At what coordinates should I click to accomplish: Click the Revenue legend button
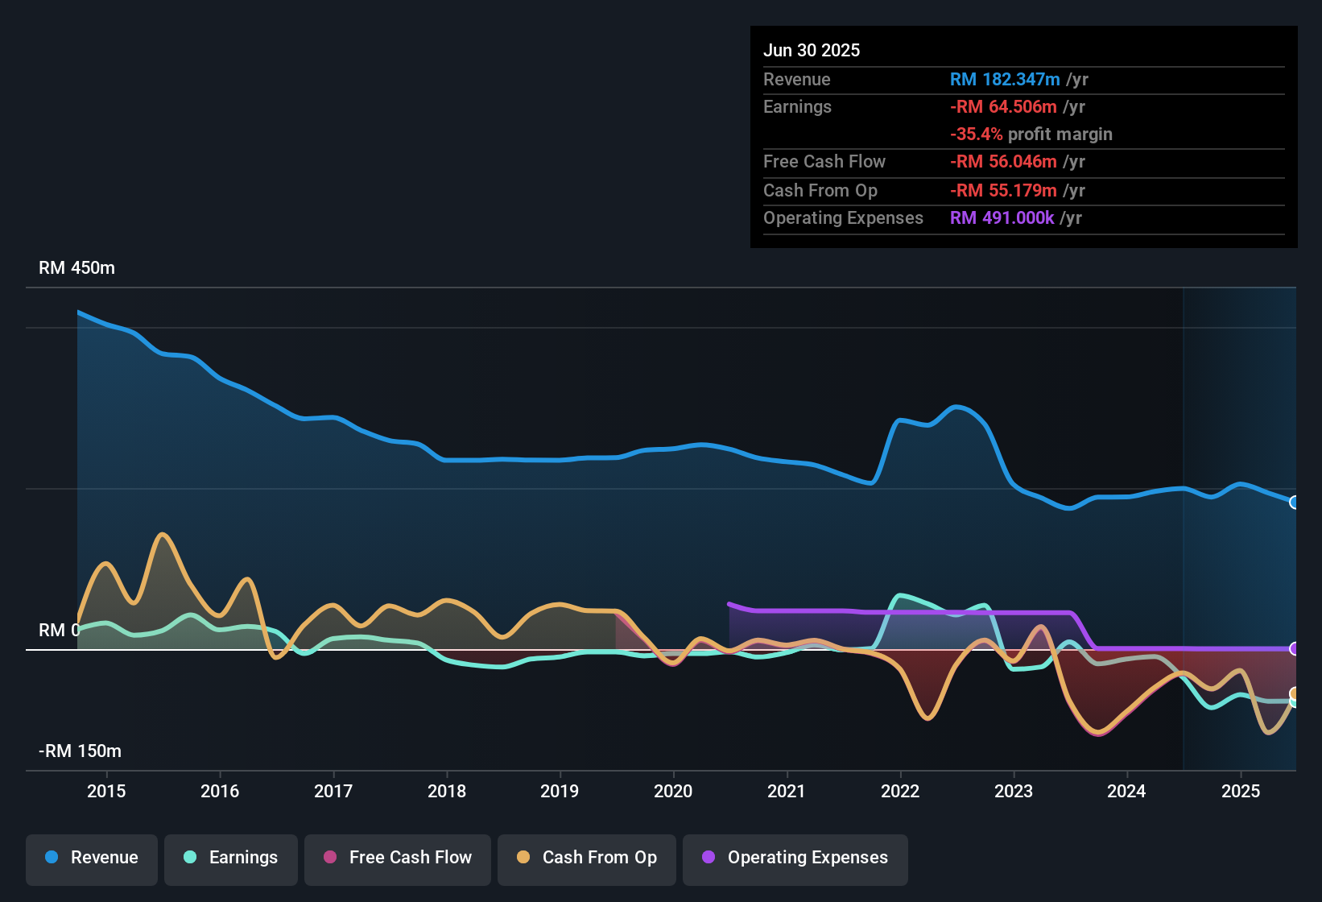coord(92,858)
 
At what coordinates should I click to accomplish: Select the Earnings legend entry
coord(231,858)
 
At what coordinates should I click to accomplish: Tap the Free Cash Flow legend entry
coord(398,858)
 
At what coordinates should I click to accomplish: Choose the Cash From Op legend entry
coord(587,858)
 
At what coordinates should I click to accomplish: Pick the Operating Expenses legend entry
coord(795,858)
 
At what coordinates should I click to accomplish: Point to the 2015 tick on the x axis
coord(106,791)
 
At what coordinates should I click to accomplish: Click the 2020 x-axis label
coord(673,791)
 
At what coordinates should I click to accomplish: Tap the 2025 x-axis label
coord(1241,791)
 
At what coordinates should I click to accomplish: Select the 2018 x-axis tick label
coord(447,791)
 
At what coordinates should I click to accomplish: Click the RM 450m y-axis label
coord(76,268)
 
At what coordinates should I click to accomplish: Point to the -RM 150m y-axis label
coord(80,751)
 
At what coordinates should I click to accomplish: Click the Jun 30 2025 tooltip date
coord(812,51)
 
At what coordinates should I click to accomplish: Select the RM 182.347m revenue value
coord(1005,80)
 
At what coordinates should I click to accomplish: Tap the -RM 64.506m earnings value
coord(1003,107)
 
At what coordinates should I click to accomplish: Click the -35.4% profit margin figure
coord(976,134)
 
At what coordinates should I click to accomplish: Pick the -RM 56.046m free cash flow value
coord(1003,162)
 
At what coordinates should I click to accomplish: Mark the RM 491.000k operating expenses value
coord(1002,218)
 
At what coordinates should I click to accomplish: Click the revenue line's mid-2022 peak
coord(956,407)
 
